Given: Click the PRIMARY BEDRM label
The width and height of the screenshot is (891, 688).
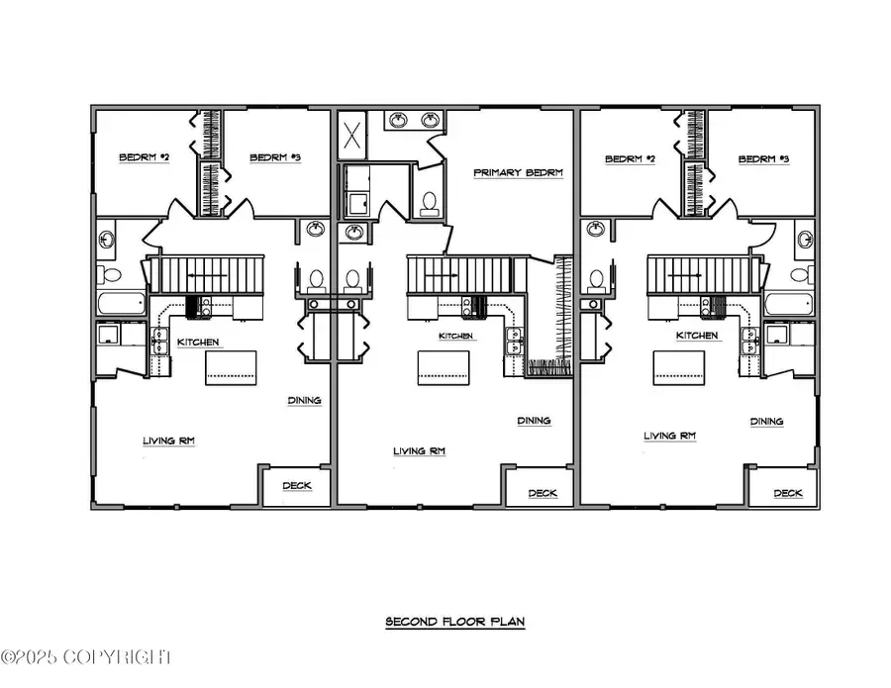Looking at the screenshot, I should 518,172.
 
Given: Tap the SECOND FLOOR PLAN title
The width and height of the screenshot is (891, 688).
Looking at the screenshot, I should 455,622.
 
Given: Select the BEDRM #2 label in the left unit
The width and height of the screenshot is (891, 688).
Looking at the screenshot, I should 144,157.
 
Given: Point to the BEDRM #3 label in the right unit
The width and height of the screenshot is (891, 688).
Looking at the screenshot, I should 763,158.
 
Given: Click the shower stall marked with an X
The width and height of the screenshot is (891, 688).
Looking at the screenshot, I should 352,136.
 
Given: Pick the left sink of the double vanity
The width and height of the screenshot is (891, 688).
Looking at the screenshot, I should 398,121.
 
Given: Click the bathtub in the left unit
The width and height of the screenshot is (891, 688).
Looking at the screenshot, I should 121,303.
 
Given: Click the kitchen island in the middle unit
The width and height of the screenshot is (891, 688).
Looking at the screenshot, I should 442,367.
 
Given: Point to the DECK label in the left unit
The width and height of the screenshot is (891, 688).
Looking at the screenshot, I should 297,485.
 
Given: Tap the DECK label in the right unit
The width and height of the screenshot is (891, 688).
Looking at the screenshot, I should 787,492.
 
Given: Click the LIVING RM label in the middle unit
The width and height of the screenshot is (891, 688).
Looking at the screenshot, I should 420,450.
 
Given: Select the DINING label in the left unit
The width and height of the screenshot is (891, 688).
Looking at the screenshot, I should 304,400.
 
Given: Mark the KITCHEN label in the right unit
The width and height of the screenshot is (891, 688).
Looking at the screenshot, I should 697,336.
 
